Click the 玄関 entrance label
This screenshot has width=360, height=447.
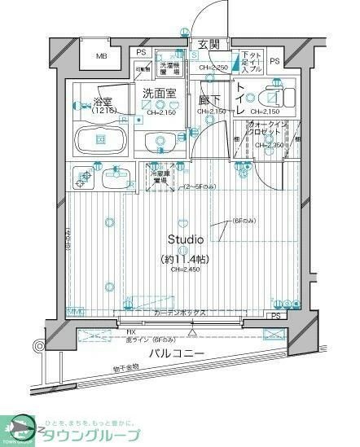point(208,44)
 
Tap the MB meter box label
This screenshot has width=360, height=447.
point(101,55)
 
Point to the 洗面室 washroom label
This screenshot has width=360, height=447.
point(159,94)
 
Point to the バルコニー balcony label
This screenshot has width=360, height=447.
point(176,353)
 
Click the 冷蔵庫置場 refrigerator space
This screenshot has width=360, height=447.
point(160,174)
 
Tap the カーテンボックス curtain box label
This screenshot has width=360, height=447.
point(181,313)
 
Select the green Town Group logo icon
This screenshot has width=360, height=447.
point(18,427)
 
